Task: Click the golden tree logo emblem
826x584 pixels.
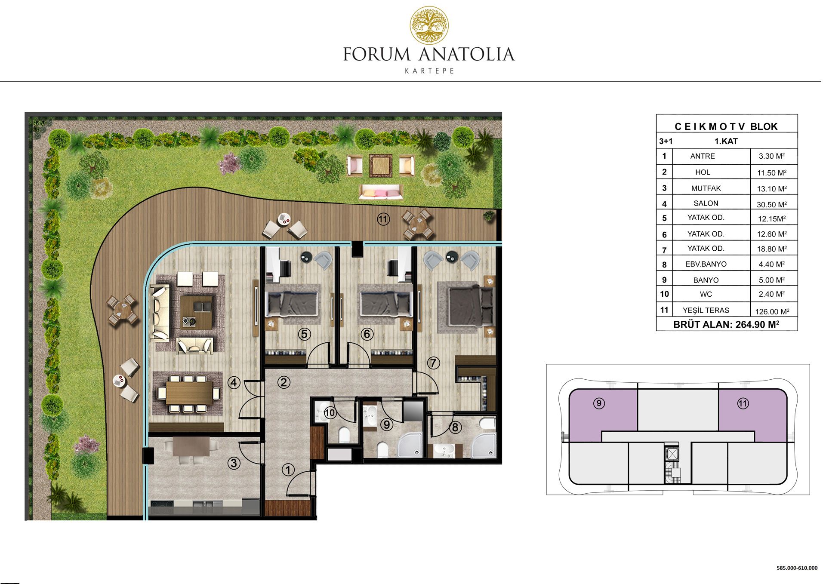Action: click(429, 25)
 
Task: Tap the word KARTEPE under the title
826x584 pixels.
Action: click(429, 71)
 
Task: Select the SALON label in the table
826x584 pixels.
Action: click(706, 203)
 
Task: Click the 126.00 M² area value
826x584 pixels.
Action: click(772, 312)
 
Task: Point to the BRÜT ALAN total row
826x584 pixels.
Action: click(726, 325)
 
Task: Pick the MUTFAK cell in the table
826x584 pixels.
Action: click(706, 188)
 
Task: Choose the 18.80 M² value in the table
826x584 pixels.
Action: click(772, 249)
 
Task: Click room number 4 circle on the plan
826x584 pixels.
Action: click(234, 382)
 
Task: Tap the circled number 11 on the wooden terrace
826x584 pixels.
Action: click(383, 219)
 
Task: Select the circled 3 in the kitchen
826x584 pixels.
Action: click(234, 463)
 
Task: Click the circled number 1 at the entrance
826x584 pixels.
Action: click(288, 470)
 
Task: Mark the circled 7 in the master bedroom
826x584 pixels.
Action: click(433, 363)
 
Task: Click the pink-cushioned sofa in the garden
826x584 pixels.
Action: click(381, 192)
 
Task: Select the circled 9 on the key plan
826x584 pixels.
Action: click(599, 403)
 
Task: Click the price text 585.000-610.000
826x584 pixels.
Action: click(797, 568)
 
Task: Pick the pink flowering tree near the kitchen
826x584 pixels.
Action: click(87, 444)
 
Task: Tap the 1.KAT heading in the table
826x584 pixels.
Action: click(726, 141)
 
